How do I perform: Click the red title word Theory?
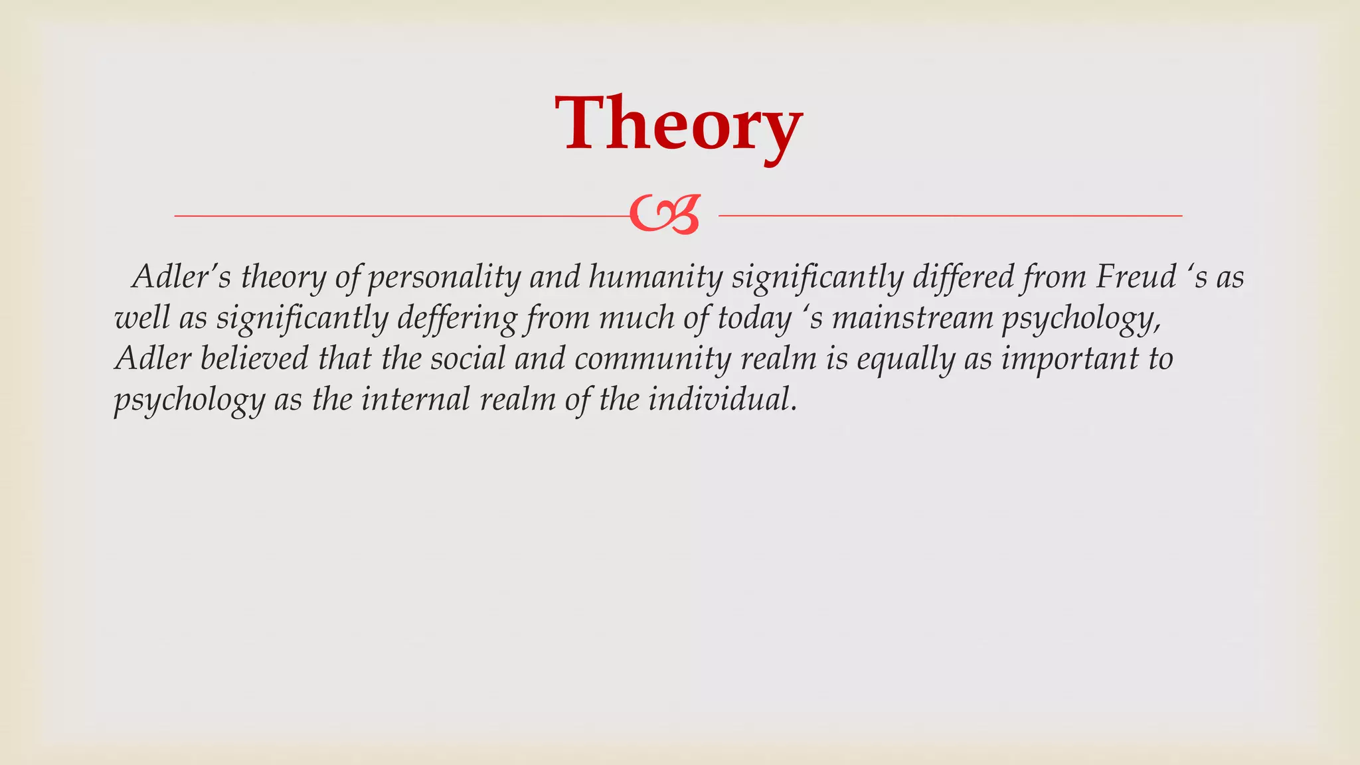pyautogui.click(x=679, y=125)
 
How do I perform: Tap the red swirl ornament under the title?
pyautogui.click(x=665, y=215)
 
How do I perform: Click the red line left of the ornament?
pyautogui.click(x=398, y=216)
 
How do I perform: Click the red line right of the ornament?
pyautogui.click(x=950, y=216)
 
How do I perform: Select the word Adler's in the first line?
pyautogui.click(x=181, y=277)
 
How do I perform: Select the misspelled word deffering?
pyautogui.click(x=457, y=319)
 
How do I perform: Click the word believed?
pyautogui.click(x=254, y=359)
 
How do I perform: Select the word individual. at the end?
pyautogui.click(x=722, y=400)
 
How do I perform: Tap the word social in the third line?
pyautogui.click(x=467, y=359)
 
